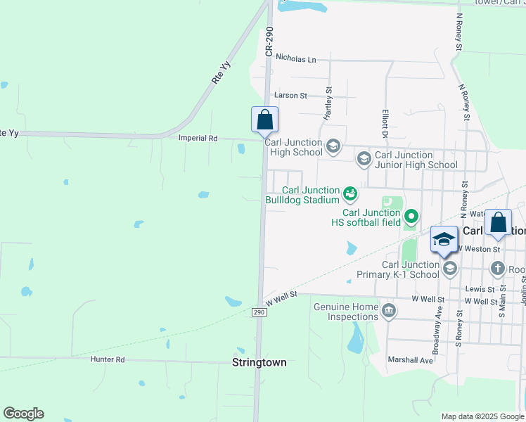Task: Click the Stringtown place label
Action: [x=259, y=362]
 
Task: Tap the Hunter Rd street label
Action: [x=108, y=359]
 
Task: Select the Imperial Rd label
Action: [x=198, y=139]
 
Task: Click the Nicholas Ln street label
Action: [x=296, y=58]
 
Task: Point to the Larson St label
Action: [x=291, y=95]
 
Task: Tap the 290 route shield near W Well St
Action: [x=259, y=311]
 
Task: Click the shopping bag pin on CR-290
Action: [x=265, y=119]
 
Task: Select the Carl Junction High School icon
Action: [x=333, y=147]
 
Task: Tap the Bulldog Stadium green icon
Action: [x=350, y=193]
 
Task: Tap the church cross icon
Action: [x=498, y=268]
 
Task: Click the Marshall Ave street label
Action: [x=411, y=359]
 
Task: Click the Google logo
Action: [x=23, y=414]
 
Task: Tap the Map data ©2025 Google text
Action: [x=482, y=416]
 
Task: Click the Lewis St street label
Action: [x=480, y=289]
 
